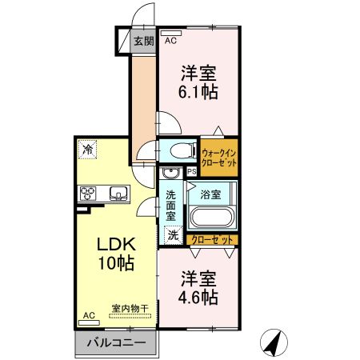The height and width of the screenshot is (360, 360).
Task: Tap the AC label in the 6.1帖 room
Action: (170, 40)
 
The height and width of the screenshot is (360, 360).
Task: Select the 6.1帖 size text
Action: (198, 91)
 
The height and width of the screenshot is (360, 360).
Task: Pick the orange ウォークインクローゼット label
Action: (219, 157)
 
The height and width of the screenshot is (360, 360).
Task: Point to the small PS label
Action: (191, 171)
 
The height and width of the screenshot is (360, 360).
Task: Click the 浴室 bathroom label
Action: (211, 193)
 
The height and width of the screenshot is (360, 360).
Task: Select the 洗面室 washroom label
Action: (171, 206)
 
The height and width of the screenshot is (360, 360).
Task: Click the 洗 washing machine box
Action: (173, 235)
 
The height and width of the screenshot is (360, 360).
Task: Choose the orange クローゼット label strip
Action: (214, 239)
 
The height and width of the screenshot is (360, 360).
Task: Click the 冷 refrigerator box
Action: (86, 148)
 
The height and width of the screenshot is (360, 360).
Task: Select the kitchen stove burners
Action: (88, 192)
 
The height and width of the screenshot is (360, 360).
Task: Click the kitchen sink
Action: (118, 192)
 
